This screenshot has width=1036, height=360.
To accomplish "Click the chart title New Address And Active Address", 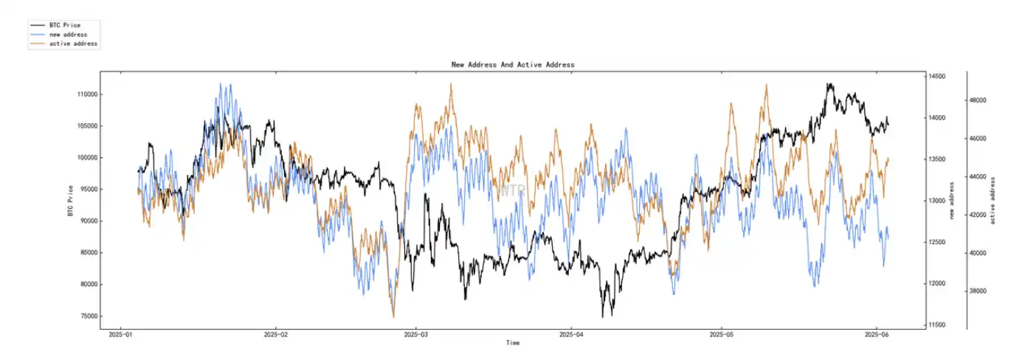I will point(512,65).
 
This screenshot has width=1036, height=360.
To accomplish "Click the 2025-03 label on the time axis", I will point(415,334).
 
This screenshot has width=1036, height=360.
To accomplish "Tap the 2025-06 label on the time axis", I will point(876,334).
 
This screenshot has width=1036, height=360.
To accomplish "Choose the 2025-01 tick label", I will point(121,334).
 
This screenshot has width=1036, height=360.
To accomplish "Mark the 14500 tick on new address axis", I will point(937,77).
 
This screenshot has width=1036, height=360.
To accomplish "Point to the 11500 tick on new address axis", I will point(937,325).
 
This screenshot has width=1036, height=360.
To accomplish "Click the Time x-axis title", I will point(513,343).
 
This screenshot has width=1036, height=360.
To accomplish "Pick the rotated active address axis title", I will point(992,200).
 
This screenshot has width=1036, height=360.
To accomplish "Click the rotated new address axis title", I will point(952,200).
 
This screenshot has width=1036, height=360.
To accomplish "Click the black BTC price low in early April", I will point(602,316).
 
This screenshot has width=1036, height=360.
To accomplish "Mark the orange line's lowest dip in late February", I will point(393,316).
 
